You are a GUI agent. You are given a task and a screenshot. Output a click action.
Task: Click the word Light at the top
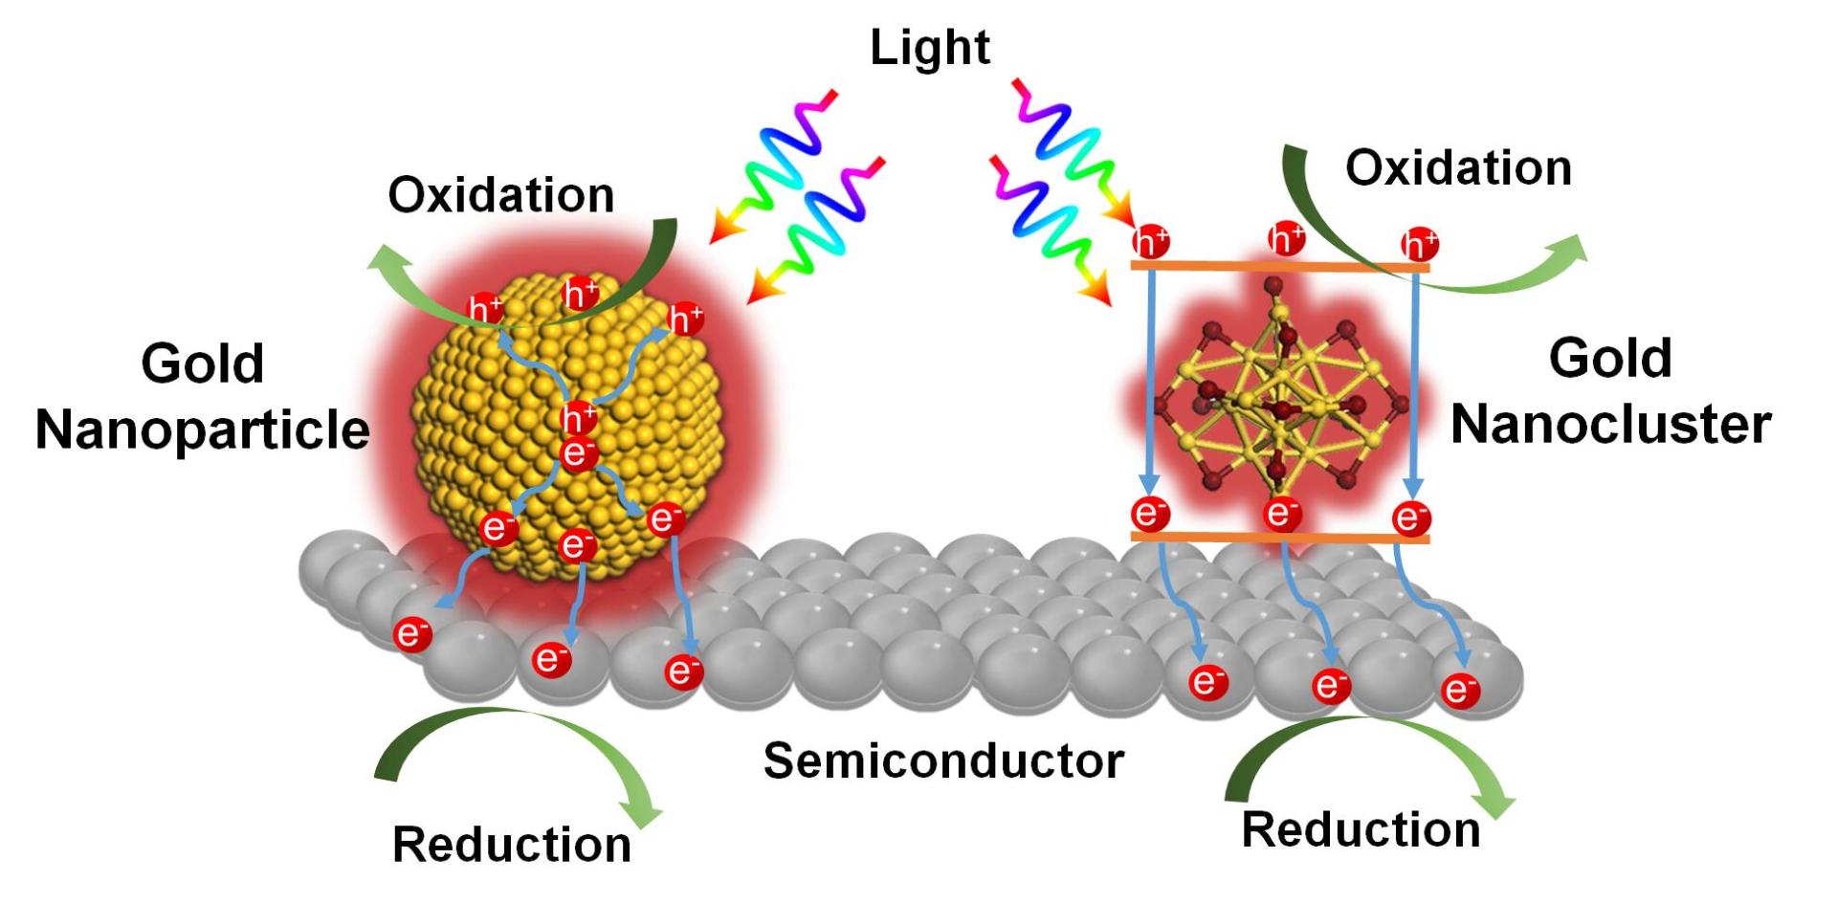point(929,48)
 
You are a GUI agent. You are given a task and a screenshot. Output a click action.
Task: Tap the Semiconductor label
point(943,761)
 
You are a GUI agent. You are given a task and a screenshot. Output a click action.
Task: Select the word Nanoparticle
point(202,429)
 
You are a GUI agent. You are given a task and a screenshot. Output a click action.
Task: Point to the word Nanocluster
point(1610,424)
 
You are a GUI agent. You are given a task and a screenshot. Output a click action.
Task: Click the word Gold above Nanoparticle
point(202,363)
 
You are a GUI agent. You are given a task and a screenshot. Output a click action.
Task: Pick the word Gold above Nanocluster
point(1610,359)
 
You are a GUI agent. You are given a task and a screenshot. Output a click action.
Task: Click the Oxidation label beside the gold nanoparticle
point(500,195)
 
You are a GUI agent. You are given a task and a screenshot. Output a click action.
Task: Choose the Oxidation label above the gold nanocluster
point(1458,168)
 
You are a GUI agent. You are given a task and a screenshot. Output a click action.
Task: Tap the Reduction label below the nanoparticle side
point(512,845)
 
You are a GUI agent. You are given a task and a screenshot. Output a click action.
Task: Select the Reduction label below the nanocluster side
point(1361,829)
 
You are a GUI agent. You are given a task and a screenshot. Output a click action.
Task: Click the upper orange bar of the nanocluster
point(1279,266)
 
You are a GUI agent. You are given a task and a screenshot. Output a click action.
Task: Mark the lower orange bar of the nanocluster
point(1279,538)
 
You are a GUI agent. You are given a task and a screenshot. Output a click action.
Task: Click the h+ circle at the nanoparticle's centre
point(579,418)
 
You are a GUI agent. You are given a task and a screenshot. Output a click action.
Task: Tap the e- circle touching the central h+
point(579,452)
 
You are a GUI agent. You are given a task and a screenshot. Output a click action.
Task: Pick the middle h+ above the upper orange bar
point(1286,238)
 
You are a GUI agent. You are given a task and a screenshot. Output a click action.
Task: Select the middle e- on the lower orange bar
point(1282,514)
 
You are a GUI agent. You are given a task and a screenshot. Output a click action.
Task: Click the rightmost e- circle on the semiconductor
point(1460,690)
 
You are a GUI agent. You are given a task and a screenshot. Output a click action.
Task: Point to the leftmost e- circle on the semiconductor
point(412,633)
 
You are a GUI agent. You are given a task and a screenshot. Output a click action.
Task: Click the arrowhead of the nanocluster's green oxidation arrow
point(1569,251)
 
